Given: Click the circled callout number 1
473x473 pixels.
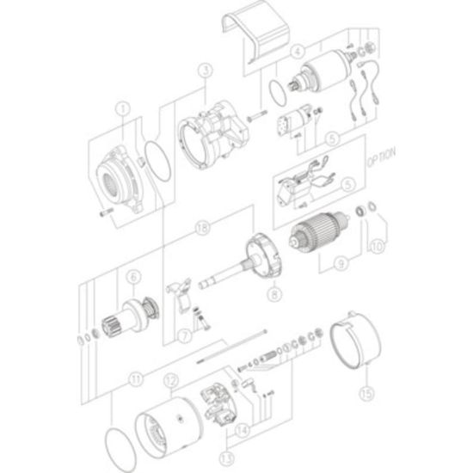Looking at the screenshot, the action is point(122,109).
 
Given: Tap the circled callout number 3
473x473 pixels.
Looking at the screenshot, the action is point(206,71).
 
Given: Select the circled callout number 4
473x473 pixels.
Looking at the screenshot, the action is point(298,52).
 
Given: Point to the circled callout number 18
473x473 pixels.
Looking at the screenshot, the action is point(202,228).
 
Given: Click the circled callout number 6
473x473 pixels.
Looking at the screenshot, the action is point(133,277).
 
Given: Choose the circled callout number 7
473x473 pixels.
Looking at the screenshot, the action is point(185,335).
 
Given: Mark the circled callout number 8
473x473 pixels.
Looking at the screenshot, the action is point(274,293).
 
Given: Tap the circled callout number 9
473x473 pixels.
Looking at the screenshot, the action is point(341,264).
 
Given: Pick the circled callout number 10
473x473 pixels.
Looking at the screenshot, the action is point(377,247).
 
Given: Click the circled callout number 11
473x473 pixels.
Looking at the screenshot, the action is point(136,379).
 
